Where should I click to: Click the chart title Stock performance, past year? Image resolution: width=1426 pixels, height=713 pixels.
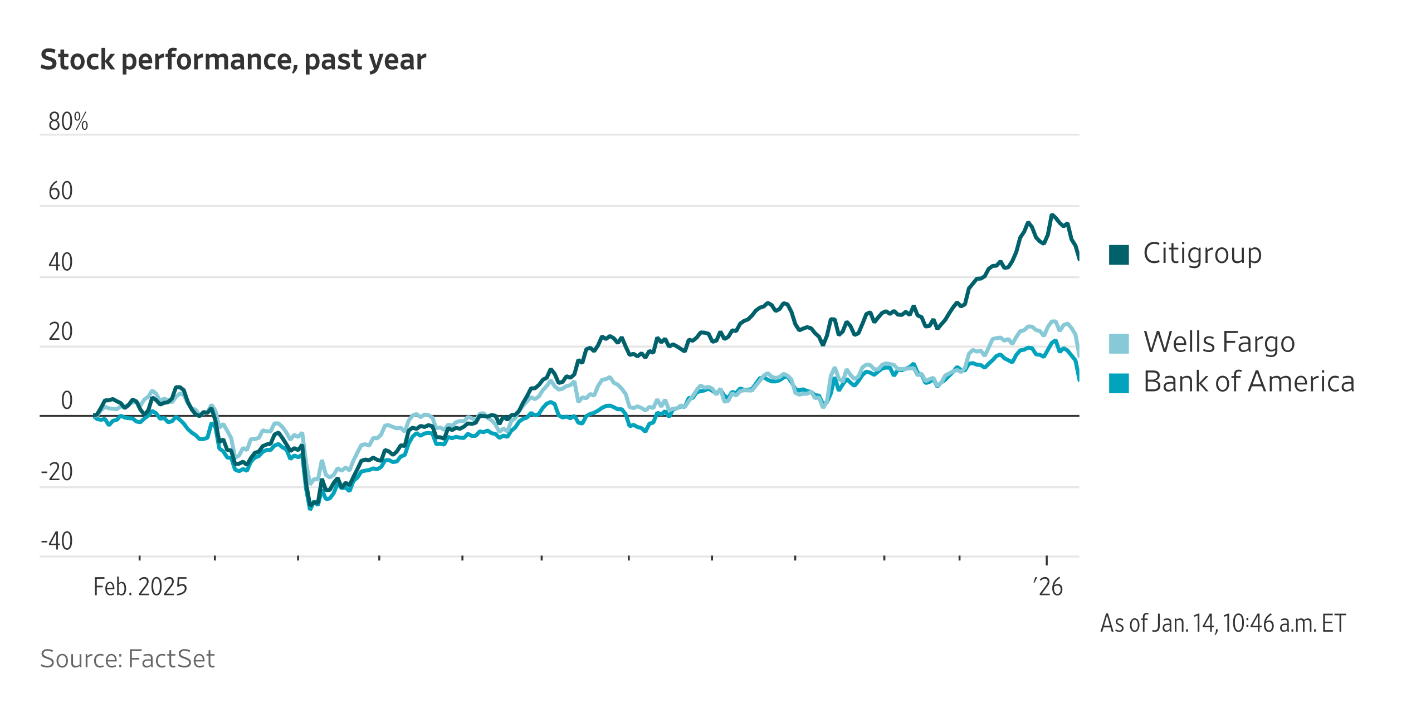point(233,60)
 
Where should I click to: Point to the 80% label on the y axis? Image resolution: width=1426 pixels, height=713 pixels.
point(68,121)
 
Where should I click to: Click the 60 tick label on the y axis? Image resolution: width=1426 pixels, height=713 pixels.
point(60,191)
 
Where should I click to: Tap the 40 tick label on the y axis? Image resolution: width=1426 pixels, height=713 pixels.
point(60,262)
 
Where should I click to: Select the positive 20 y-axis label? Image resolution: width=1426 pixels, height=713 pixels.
point(60,331)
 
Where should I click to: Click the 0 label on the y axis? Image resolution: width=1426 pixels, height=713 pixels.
point(66,400)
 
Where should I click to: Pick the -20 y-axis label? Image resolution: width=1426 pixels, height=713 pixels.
point(57,472)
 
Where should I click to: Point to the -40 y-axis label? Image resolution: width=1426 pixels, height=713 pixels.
point(57,541)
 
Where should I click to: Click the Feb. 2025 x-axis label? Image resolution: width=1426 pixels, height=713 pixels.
point(140,587)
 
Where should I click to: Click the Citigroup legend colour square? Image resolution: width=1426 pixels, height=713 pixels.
point(1119,255)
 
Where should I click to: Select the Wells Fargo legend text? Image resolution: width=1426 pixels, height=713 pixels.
point(1219,342)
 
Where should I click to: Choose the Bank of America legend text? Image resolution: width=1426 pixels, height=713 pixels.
point(1249,382)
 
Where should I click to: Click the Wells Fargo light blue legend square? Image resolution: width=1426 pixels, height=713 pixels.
point(1119,343)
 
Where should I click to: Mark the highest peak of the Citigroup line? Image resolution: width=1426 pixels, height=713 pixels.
point(1052,215)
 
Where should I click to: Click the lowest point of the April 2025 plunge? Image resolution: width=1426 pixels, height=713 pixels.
point(310,507)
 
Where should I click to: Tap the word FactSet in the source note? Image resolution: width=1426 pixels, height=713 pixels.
point(171,659)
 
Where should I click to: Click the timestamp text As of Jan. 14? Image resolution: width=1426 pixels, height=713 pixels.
point(1223,623)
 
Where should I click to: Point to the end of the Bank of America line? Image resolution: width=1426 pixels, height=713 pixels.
point(1078,380)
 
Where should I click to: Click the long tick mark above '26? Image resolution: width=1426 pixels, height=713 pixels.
point(1047,560)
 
